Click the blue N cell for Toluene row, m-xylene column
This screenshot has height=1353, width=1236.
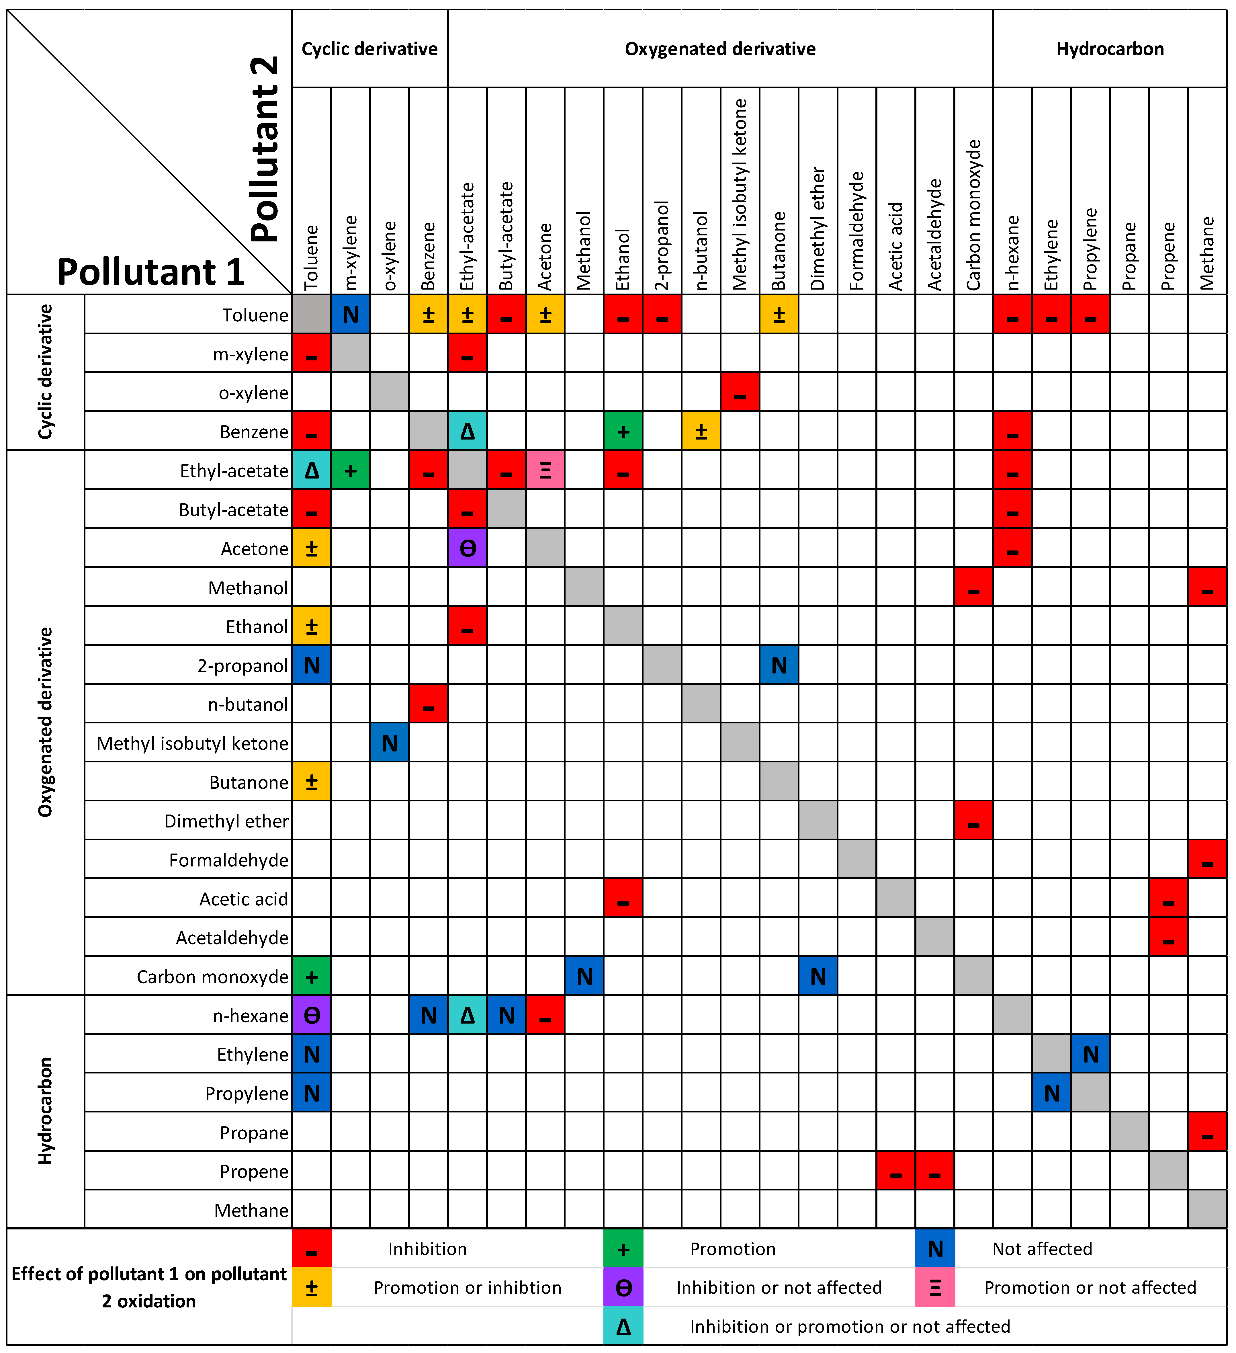350,315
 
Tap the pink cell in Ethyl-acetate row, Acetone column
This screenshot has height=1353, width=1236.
545,470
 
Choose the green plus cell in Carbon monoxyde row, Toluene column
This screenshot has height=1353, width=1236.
311,977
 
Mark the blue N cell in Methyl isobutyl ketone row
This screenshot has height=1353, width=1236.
389,743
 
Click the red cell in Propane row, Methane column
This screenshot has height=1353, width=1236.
1207,1132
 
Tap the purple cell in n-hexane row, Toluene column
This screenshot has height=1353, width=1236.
311,1016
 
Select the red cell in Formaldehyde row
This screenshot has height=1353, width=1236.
1207,860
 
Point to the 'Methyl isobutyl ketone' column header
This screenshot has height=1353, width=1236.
740,195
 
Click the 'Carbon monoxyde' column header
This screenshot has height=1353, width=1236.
973,215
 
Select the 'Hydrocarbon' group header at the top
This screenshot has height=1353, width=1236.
1110,49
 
